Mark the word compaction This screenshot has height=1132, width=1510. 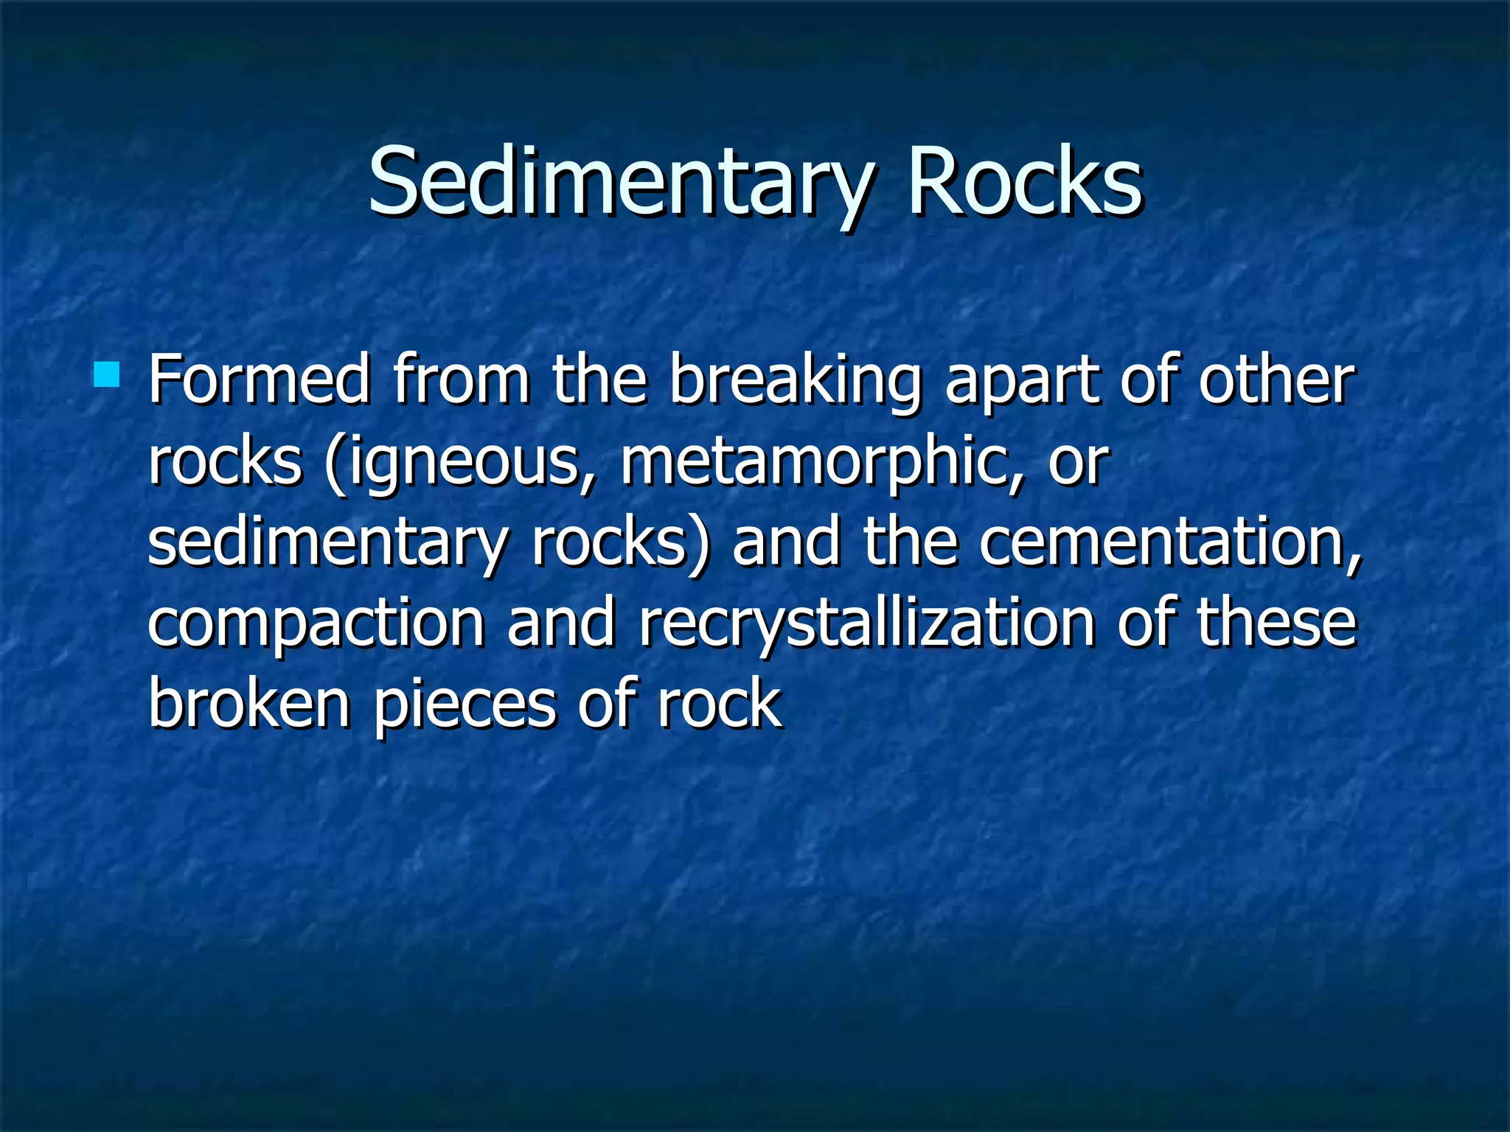click(x=316, y=625)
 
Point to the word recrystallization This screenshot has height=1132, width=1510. click(x=866, y=625)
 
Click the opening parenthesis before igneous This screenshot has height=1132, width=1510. click(x=335, y=464)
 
